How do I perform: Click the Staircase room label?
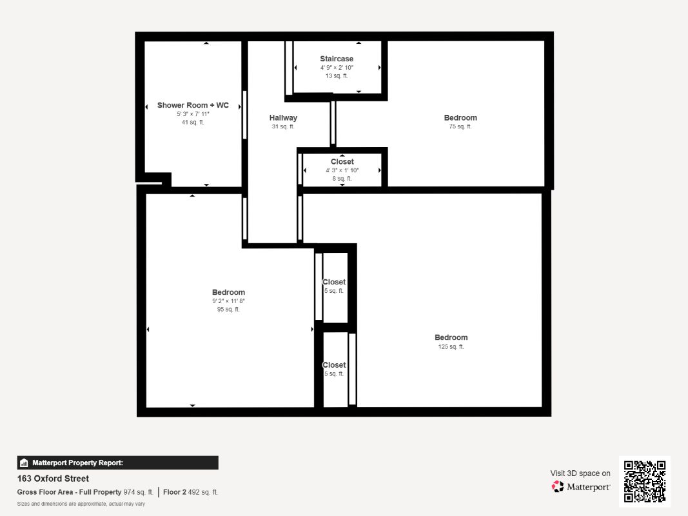tap(337, 59)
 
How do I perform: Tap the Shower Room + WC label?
tap(193, 105)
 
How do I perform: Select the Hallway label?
tap(283, 117)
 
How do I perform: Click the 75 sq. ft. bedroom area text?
tap(460, 126)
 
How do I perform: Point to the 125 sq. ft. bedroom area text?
tap(451, 346)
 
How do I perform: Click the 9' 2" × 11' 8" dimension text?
tap(228, 301)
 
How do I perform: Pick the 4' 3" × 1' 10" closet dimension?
tap(342, 170)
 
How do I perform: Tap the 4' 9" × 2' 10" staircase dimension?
tap(337, 68)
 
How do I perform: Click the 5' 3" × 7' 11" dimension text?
tap(193, 114)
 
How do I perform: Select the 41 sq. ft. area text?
tap(193, 123)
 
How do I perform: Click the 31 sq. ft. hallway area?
tap(283, 126)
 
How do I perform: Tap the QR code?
tap(645, 481)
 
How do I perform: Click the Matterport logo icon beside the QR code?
tap(558, 486)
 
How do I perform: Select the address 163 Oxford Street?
tap(53, 479)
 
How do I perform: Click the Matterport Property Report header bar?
tap(117, 463)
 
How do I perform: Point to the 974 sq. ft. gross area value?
tap(138, 492)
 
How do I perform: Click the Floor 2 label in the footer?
tap(175, 492)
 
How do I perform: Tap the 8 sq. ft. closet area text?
tap(342, 179)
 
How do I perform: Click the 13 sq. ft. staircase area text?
tap(337, 76)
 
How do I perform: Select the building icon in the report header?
tap(24, 463)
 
